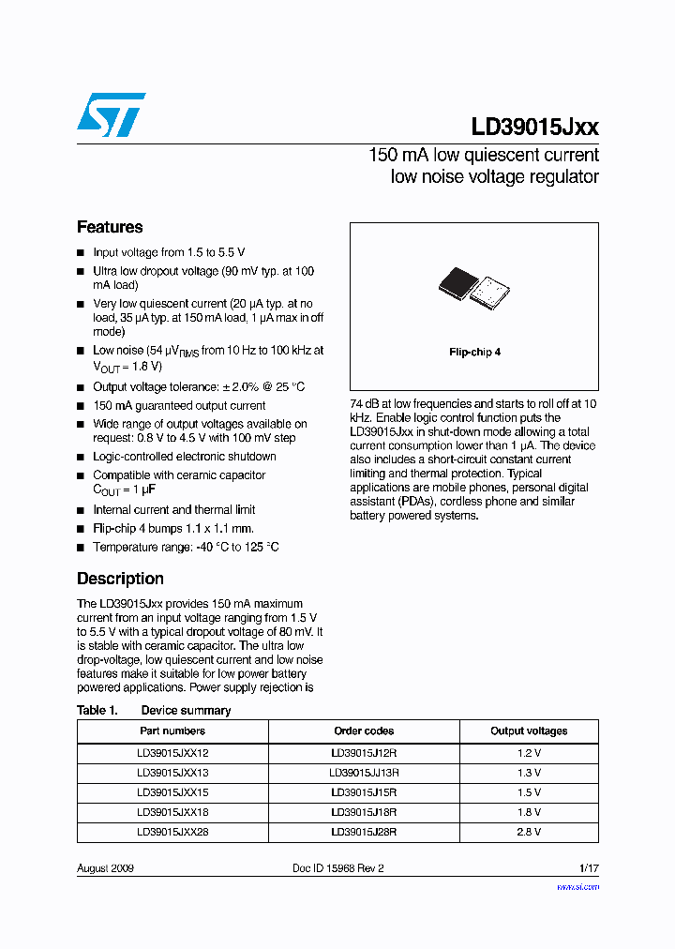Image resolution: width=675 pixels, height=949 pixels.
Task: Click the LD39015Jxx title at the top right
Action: [534, 128]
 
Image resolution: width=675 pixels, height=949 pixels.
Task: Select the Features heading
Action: [110, 227]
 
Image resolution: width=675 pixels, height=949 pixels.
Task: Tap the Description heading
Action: [120, 579]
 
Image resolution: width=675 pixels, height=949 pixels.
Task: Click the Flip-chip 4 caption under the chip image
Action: [474, 352]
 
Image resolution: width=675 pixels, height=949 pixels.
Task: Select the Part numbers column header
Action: [172, 731]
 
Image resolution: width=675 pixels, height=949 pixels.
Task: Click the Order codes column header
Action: [364, 731]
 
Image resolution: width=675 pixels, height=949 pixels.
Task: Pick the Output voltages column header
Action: [529, 731]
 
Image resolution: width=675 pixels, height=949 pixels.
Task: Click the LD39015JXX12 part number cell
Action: [172, 753]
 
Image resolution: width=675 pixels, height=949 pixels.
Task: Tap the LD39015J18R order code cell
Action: [364, 812]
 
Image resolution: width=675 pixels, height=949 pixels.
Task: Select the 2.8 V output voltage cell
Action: [529, 832]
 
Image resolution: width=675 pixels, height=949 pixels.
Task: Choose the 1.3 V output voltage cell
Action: [529, 773]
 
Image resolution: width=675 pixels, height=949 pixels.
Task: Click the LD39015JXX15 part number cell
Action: [172, 792]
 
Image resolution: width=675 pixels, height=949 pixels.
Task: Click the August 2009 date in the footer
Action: [105, 868]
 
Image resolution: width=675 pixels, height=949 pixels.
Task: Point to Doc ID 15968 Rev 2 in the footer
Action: [338, 868]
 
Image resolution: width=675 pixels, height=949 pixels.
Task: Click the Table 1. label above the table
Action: [97, 710]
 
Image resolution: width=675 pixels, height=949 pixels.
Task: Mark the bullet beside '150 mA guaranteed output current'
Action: [81, 406]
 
